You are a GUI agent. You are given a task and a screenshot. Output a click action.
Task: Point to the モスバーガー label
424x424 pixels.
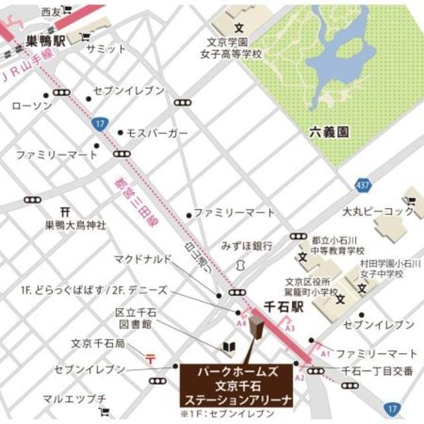[157, 133]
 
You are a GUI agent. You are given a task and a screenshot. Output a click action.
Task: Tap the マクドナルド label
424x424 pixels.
[143, 258]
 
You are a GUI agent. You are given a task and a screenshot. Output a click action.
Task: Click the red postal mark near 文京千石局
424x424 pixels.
[150, 359]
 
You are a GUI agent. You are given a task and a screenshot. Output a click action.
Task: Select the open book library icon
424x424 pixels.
[228, 347]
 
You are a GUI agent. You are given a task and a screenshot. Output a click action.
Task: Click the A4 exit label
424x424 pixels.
[242, 323]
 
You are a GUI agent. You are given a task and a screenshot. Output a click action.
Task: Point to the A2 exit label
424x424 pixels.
[299, 377]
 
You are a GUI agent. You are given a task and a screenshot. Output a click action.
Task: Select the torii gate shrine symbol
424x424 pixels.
[64, 211]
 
